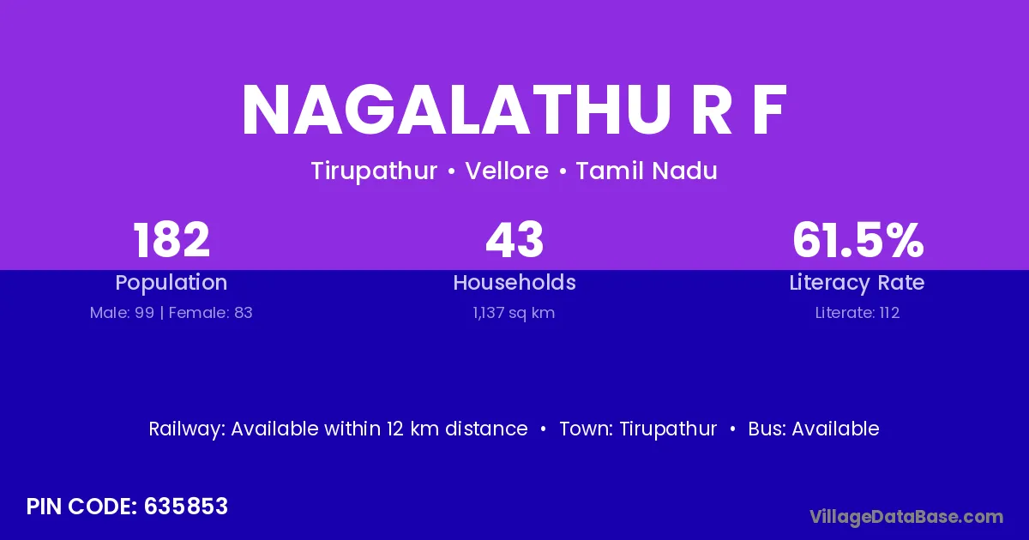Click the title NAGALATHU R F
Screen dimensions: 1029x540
pos(514,111)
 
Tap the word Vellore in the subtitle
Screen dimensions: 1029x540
pos(507,171)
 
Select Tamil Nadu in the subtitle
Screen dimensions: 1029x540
pos(647,171)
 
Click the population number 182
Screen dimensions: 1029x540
pos(171,240)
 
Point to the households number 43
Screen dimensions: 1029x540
pos(514,240)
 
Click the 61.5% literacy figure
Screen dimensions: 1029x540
pos(858,240)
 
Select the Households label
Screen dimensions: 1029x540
pos(514,282)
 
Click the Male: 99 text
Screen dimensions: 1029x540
pos(122,313)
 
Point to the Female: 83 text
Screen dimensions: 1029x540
pos(210,313)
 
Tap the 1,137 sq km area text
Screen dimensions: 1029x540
pos(514,314)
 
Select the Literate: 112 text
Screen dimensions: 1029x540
pos(857,313)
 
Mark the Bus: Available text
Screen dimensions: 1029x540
pos(814,429)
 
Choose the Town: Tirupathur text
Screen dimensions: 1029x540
pos(638,429)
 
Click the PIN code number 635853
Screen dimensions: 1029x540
pos(186,507)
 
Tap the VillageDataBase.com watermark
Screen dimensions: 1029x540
pos(907,517)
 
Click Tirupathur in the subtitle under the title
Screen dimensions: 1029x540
pos(374,171)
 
